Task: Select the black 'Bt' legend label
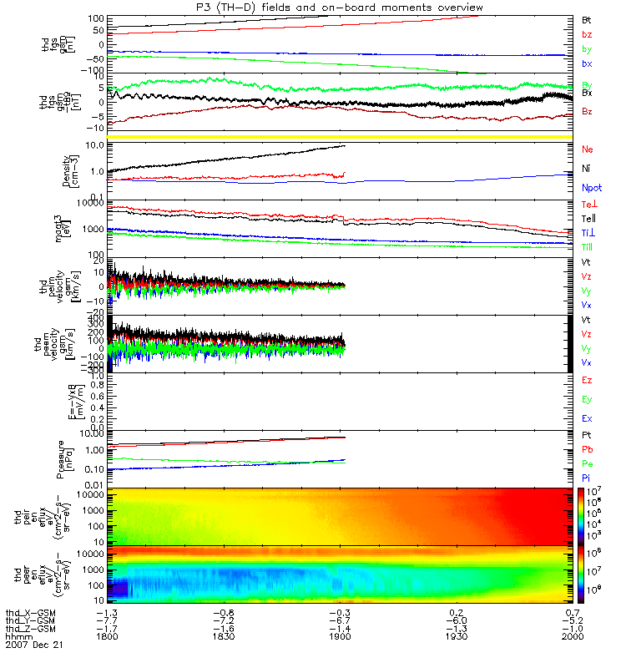(587, 18)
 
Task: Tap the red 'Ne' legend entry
(587, 149)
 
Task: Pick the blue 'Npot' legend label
(591, 189)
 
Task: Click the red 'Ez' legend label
(587, 380)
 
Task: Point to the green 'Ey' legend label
(587, 399)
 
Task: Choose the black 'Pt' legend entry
(587, 437)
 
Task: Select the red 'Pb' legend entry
(587, 450)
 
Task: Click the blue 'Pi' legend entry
(587, 477)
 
